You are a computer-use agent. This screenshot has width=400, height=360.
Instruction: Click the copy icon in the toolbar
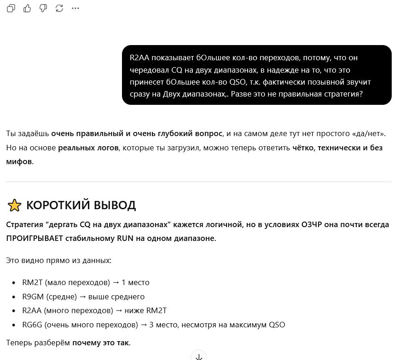(11, 8)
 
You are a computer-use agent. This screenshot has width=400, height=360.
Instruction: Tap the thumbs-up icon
(27, 8)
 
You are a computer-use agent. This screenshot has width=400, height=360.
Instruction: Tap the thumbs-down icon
(43, 8)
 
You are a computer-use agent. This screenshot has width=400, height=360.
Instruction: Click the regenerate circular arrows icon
(59, 8)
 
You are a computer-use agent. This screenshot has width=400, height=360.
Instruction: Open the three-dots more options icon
(75, 8)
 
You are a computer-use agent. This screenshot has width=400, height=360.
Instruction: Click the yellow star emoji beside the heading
(14, 205)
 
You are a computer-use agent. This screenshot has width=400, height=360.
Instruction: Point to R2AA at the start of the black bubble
(139, 58)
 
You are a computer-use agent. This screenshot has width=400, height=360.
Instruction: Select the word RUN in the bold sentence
(126, 239)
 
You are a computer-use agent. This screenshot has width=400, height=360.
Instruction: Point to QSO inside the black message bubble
(238, 82)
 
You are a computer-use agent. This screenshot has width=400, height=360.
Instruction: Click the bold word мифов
(19, 162)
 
